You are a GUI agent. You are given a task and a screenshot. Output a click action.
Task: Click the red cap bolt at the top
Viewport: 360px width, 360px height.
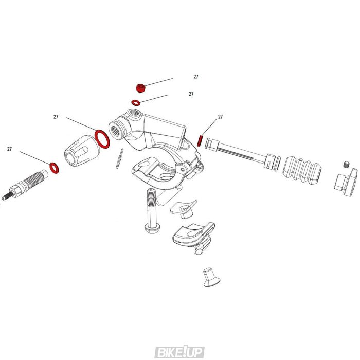[139, 88]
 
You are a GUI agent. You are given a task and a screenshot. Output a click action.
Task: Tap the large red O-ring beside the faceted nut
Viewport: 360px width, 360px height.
[102, 138]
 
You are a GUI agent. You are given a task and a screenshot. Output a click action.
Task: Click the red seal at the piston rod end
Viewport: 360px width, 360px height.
[201, 140]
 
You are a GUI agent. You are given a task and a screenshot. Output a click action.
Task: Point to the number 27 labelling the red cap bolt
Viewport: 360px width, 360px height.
[196, 77]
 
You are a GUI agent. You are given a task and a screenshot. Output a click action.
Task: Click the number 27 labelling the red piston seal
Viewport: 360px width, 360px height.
[220, 117]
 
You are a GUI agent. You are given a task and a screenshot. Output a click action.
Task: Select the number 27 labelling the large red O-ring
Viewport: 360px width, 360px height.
[56, 117]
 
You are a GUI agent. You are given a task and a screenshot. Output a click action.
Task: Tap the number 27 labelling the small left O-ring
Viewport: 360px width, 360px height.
[9, 149]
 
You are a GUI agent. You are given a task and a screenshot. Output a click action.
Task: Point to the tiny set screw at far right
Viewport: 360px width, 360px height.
[346, 165]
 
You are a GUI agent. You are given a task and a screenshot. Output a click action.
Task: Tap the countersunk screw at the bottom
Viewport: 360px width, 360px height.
[208, 276]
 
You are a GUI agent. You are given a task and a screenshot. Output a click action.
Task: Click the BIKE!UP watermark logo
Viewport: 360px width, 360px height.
[179, 352]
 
